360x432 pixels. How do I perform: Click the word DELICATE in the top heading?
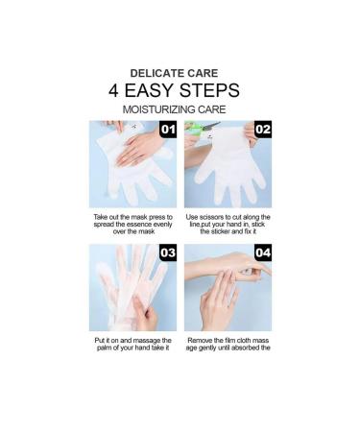click(x=157, y=73)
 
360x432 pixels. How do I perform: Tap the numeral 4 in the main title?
click(x=113, y=90)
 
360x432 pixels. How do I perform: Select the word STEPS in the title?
click(x=209, y=90)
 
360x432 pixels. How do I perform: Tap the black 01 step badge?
click(x=168, y=130)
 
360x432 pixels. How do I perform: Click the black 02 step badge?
click(x=263, y=130)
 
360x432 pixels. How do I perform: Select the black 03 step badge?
click(x=168, y=252)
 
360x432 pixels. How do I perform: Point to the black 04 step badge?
click(x=263, y=252)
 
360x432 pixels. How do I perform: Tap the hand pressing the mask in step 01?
click(x=139, y=148)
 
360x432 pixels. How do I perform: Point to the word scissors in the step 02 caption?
click(x=211, y=217)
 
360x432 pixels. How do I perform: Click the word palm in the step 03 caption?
click(x=104, y=348)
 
